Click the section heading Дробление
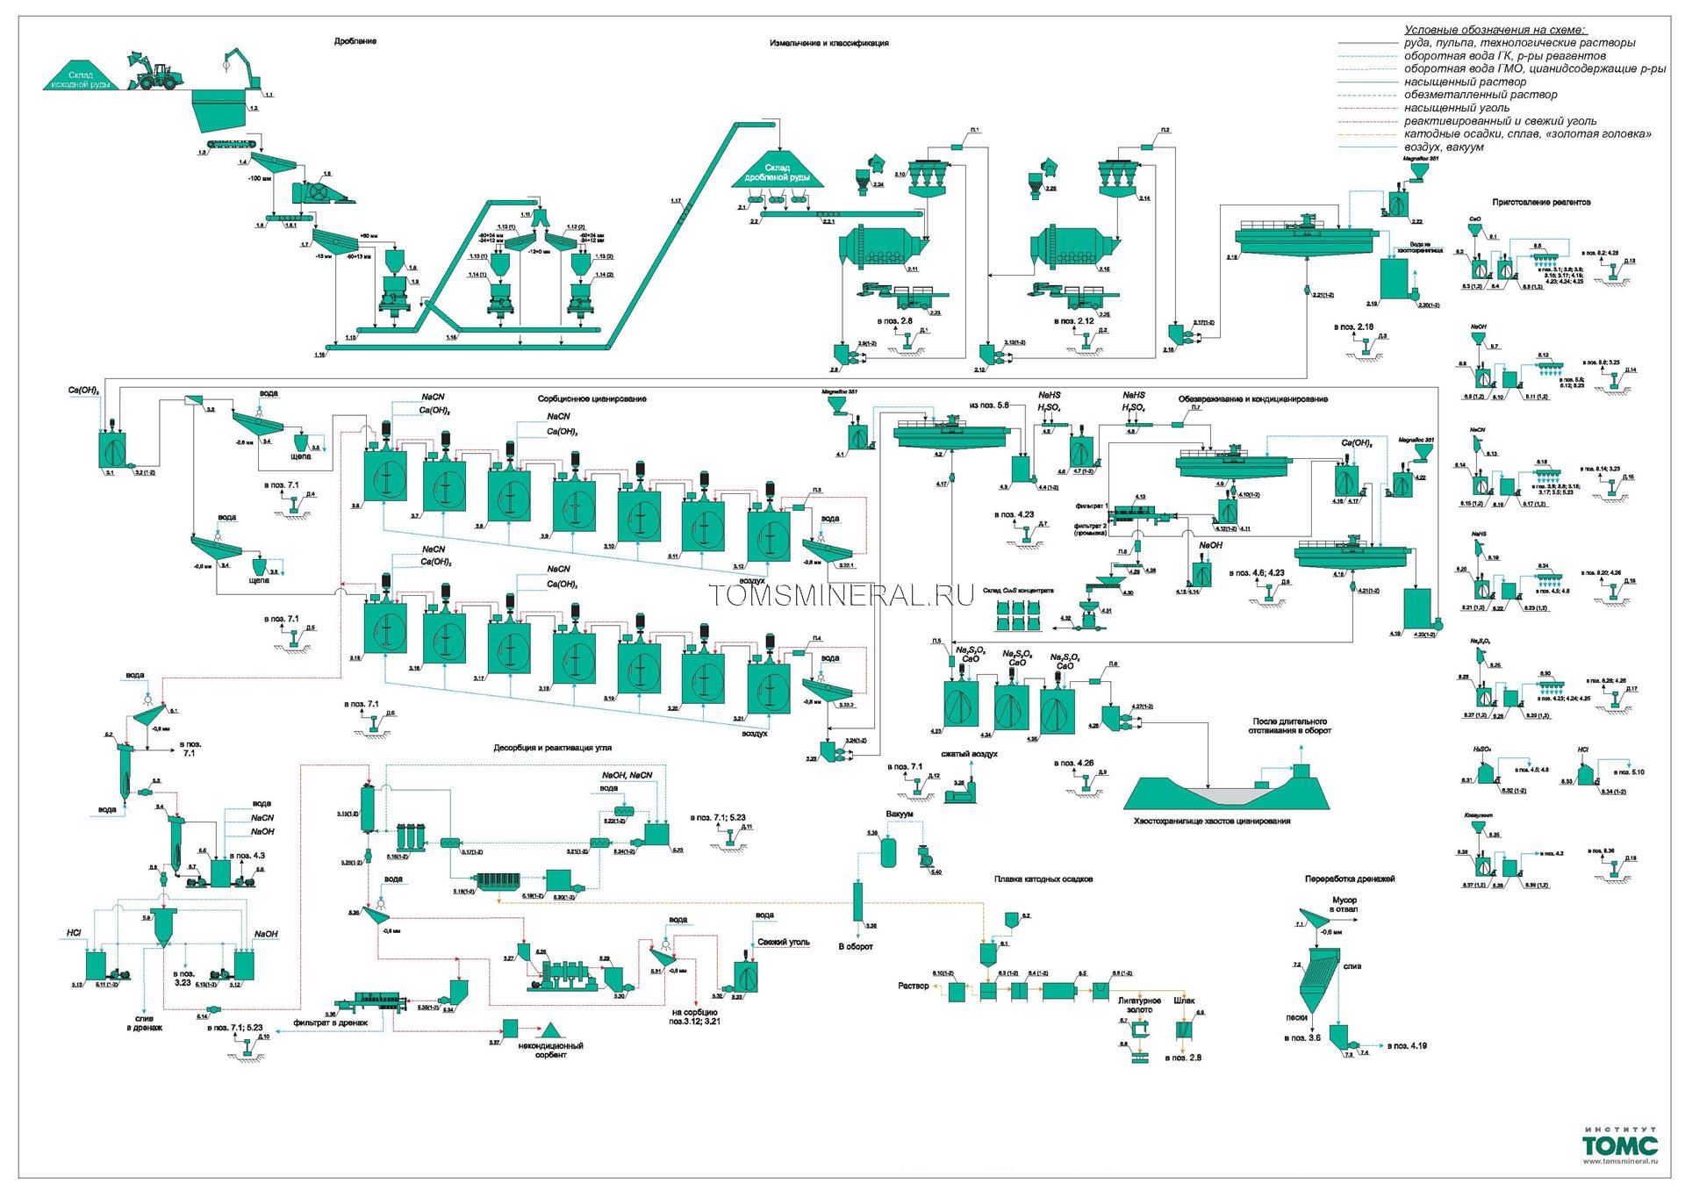355,42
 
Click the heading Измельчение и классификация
828,43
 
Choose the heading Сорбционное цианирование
592,399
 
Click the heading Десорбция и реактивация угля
552,748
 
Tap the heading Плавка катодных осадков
1043,879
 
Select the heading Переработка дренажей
1349,879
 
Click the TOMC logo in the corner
1620,1145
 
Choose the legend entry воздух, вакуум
1444,147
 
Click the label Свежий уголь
783,943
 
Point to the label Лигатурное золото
1138,1005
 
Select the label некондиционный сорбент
550,1050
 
